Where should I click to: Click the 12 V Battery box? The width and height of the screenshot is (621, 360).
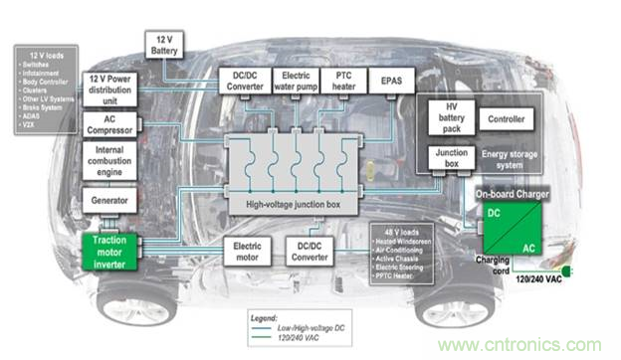click(x=163, y=44)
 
